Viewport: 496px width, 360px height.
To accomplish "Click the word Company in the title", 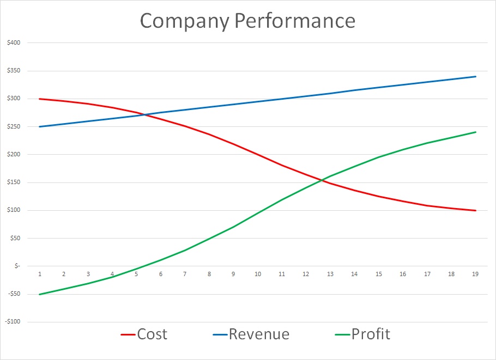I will tap(184, 21).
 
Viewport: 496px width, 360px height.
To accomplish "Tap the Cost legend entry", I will tap(152, 333).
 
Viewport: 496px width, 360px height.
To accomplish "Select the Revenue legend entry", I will tap(259, 333).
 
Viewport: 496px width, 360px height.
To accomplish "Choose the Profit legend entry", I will tap(371, 333).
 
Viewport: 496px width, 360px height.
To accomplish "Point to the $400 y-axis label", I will tap(13, 42).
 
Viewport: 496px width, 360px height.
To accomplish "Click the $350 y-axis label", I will tap(13, 71).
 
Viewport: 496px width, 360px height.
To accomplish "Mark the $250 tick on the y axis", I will tap(13, 126).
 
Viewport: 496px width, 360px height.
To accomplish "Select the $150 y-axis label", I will tap(13, 182).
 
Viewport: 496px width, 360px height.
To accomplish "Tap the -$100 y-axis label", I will tap(12, 321).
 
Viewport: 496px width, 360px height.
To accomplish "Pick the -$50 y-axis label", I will tap(13, 294).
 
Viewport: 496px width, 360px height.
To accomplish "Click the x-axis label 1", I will tap(40, 274).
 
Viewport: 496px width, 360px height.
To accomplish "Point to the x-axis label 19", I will tap(475, 274).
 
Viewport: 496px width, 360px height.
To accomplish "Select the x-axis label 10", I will tap(258, 274).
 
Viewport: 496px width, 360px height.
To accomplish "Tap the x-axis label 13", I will tap(330, 274).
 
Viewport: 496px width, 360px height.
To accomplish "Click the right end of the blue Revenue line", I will tap(476, 76).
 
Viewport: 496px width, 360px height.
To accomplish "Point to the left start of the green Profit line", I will tap(40, 294).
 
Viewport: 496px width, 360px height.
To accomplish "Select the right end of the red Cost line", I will tap(476, 210).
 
